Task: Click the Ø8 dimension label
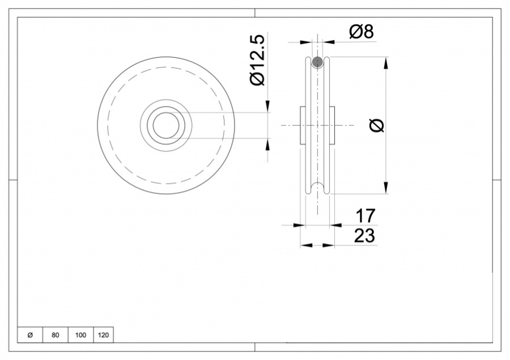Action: pos(361,32)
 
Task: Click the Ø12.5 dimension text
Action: pos(257,59)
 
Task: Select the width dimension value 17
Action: pos(364,216)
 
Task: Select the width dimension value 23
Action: pos(364,236)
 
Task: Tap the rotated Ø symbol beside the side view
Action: pos(377,126)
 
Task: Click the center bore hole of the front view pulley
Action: pos(165,125)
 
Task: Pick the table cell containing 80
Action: pos(55,335)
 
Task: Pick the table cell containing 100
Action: pos(80,335)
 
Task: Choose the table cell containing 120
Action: pos(103,335)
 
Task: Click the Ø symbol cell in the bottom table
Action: pos(30,335)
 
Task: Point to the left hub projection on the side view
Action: pos(302,125)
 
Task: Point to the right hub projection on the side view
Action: pos(332,125)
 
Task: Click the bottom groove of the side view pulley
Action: pos(317,188)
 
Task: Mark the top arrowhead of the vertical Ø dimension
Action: pos(386,61)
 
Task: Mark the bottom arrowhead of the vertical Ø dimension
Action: pos(386,189)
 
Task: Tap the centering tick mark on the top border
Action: pos(255,13)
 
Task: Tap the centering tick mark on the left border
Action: pos(13,180)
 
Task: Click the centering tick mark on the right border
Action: pos(496,180)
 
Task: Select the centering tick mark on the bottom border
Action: pos(255,347)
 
